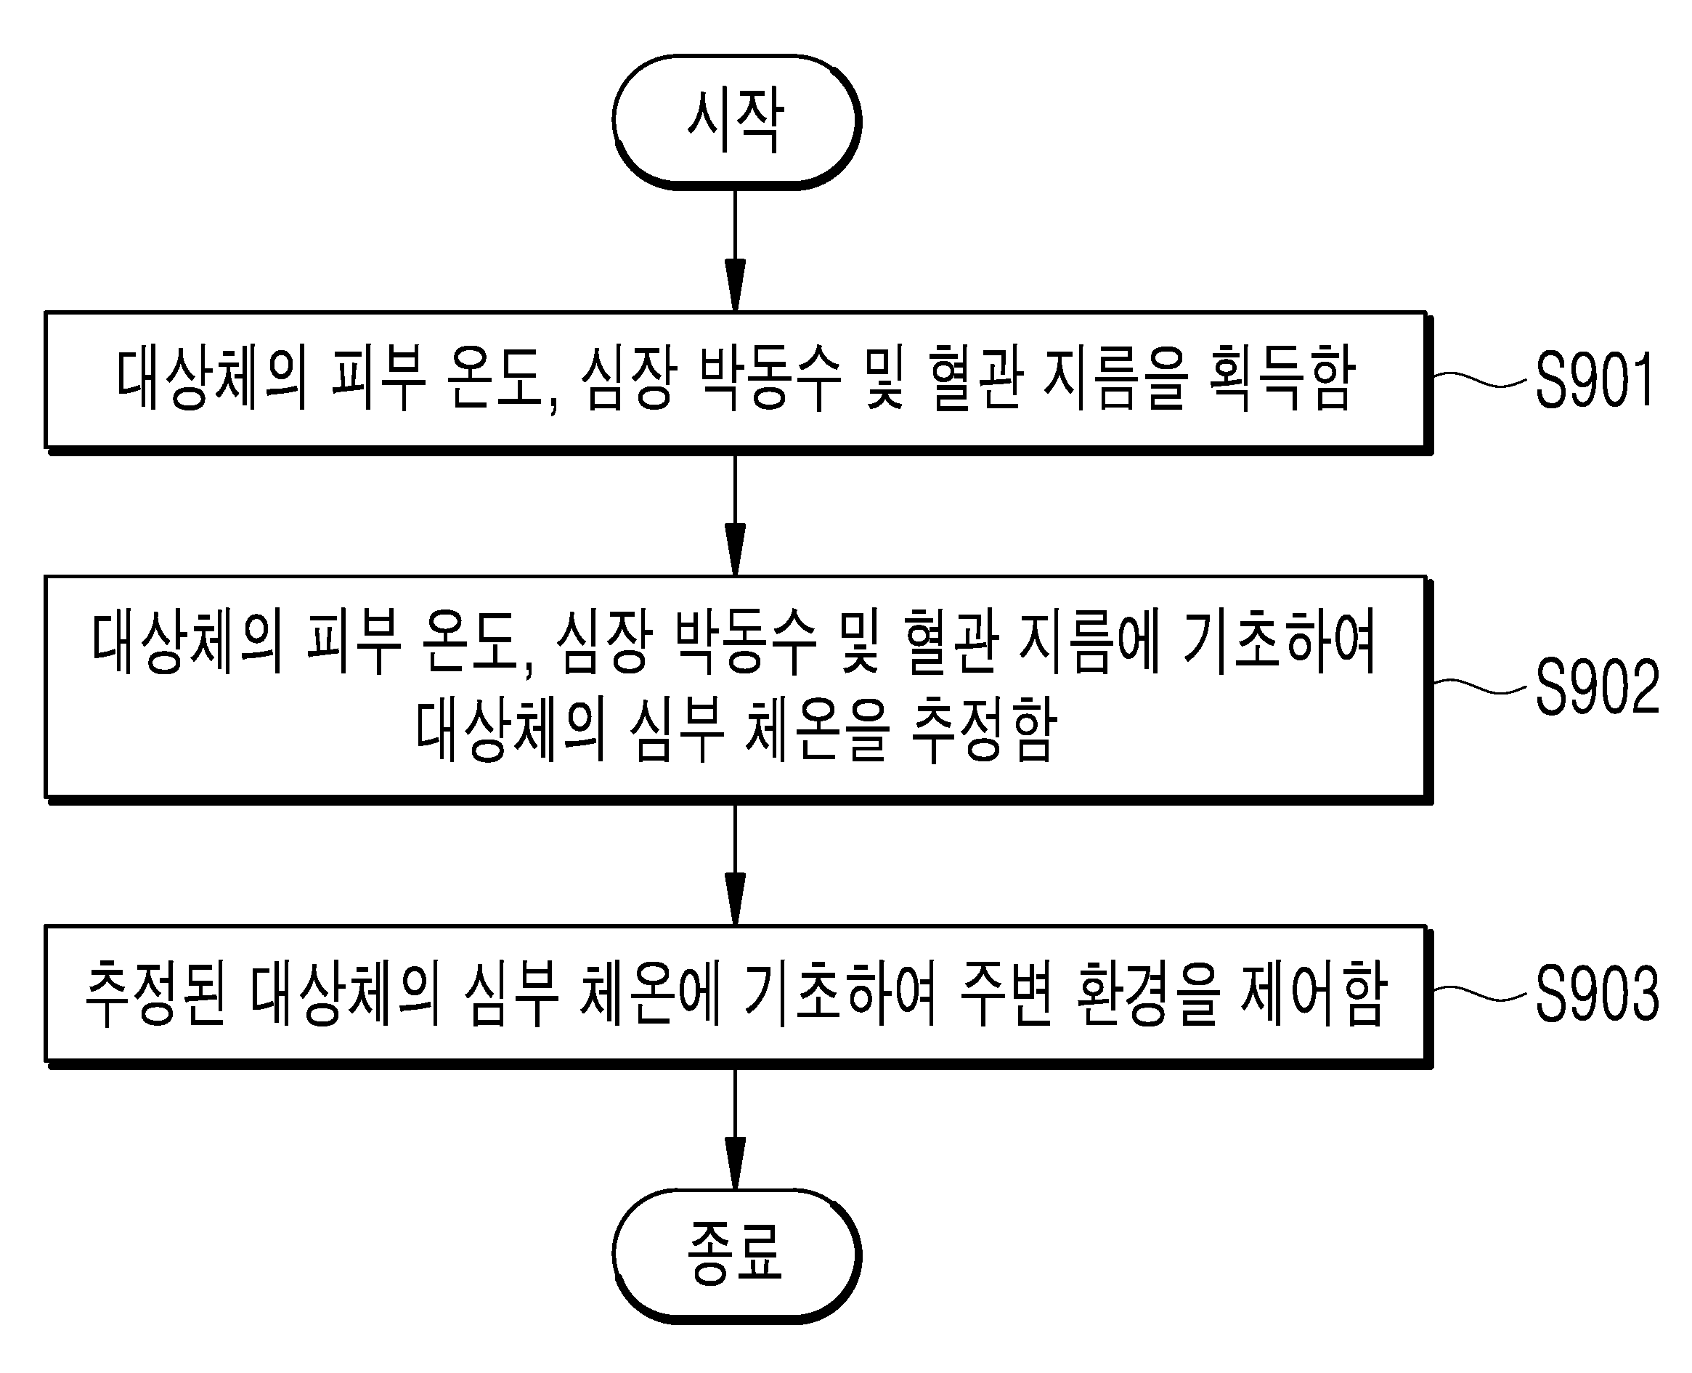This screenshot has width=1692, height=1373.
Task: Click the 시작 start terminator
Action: pos(736,123)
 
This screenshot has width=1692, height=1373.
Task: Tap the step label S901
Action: pos(1594,381)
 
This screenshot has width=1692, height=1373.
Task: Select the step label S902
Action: pos(1596,686)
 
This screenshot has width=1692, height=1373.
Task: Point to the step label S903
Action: pos(1596,992)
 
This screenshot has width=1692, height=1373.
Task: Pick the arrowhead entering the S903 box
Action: pos(736,899)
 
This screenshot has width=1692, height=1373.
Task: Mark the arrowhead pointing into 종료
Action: pos(736,1162)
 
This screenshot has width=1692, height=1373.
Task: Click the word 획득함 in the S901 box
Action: pos(1282,378)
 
